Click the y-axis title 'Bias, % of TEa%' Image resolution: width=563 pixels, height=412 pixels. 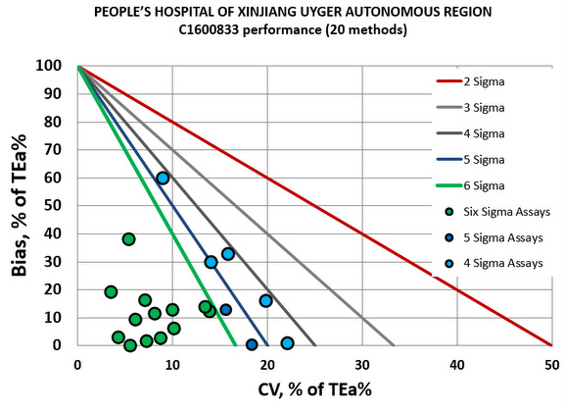(20, 206)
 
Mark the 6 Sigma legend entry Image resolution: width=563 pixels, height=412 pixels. (499, 183)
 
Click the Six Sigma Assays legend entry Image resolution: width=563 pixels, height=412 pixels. (499, 209)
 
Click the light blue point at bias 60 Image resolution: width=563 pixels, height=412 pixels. (163, 178)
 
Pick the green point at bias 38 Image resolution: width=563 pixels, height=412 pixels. (128, 239)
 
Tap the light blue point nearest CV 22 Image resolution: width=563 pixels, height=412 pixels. (287, 343)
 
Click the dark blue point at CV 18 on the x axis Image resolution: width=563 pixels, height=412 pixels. (252, 344)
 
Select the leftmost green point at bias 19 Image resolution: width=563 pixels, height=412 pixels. (111, 291)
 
